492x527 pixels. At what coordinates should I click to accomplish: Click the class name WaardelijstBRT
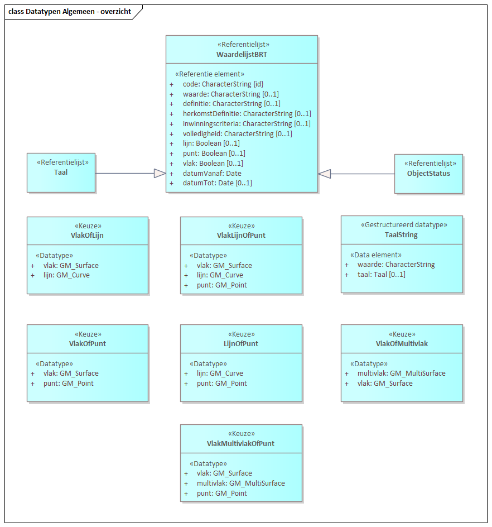click(242, 55)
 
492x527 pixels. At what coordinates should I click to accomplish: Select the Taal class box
click(61, 173)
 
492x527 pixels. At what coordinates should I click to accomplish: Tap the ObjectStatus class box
click(428, 173)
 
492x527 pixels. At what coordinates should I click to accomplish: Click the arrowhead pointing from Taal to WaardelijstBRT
click(160, 174)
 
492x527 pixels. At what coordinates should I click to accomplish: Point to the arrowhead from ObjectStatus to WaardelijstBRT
click(325, 174)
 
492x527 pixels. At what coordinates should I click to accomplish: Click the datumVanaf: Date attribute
click(212, 174)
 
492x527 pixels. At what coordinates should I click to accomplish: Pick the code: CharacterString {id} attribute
click(223, 84)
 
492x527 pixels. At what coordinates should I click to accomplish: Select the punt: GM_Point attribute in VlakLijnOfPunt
click(221, 285)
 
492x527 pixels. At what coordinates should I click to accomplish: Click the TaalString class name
click(401, 235)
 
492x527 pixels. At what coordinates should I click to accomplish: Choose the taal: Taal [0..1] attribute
click(381, 275)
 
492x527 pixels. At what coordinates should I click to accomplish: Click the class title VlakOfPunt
click(87, 343)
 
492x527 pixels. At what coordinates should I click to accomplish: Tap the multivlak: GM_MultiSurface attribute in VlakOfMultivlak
click(401, 373)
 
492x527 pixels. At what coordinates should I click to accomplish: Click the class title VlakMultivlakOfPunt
click(240, 444)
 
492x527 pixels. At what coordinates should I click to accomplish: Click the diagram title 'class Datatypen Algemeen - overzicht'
click(70, 12)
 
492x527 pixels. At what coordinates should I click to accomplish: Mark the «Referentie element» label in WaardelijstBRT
click(210, 74)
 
